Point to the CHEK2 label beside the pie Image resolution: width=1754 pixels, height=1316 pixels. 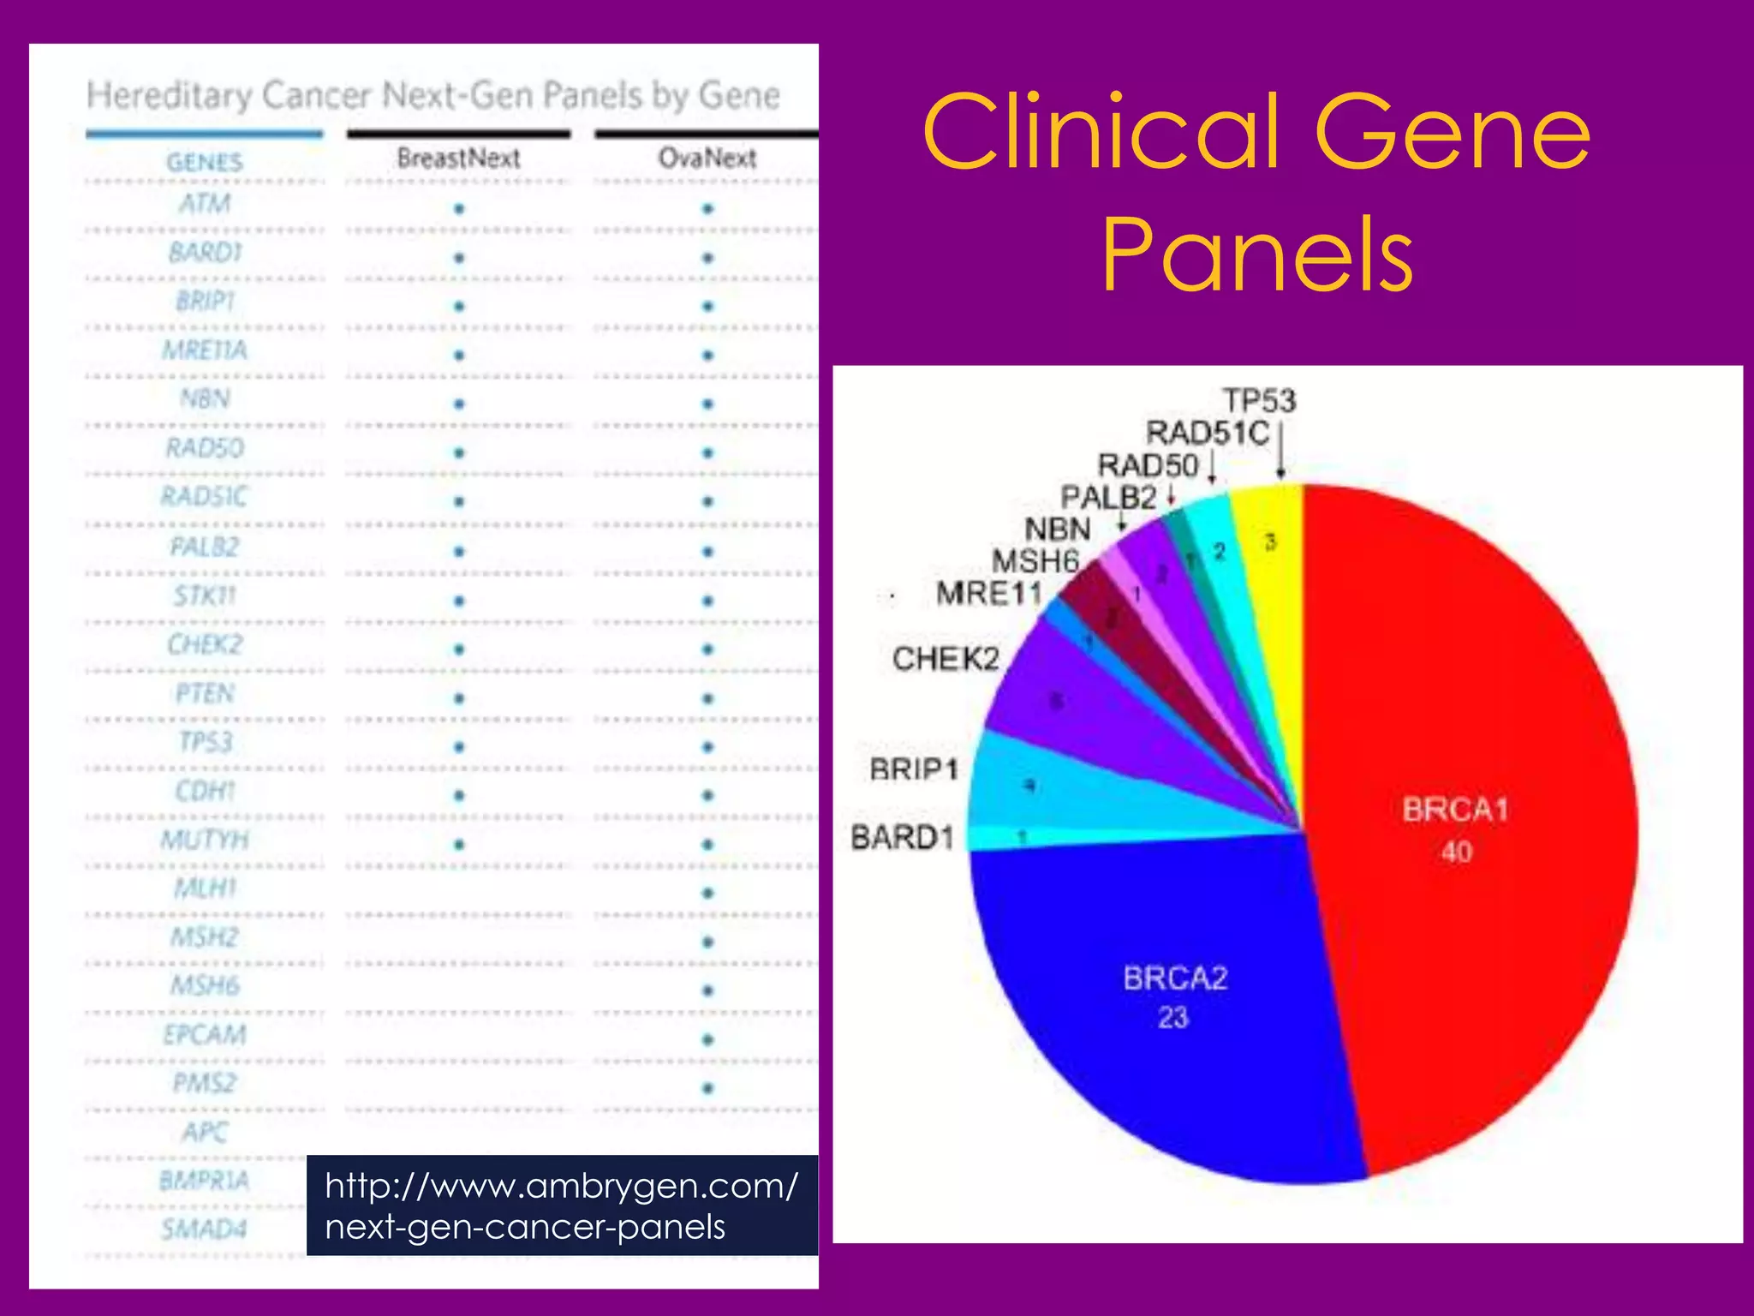pos(946,659)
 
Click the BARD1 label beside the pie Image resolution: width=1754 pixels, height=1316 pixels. pos(903,837)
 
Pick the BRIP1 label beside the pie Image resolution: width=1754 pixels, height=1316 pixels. pos(914,769)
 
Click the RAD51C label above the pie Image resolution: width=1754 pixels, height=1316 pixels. pos(1208,433)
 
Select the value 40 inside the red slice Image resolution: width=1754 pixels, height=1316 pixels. pos(1456,852)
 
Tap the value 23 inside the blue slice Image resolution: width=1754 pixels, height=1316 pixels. pos(1173,1018)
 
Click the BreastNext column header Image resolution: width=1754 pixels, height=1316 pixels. pos(458,159)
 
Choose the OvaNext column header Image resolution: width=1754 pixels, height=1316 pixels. pos(707,159)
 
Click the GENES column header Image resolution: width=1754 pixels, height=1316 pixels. pos(205,162)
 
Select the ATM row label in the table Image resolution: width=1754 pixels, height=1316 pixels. pos(205,204)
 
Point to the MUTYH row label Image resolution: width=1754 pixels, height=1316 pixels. pos(205,840)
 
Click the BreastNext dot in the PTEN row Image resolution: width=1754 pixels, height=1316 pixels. pos(459,698)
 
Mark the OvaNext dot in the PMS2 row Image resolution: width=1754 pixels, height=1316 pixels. pos(707,1089)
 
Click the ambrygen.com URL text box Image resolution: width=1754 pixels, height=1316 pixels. pos(562,1205)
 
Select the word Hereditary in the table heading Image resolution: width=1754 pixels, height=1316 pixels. pos(170,95)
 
